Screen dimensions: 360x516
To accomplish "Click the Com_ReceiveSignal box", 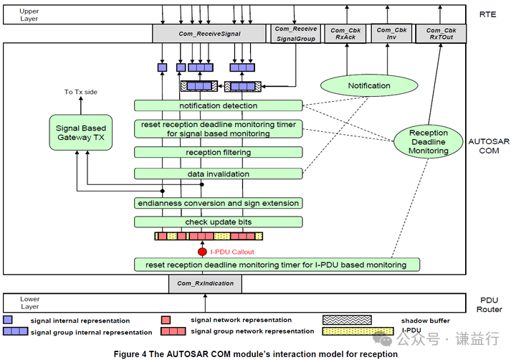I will click(210, 33).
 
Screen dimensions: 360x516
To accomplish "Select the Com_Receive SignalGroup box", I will click(295, 33).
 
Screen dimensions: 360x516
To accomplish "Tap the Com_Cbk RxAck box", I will click(345, 33).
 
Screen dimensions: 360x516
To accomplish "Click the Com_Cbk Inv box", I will click(391, 33).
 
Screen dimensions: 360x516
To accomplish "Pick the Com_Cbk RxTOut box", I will click(441, 33).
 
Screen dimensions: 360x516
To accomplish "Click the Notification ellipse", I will click(369, 86).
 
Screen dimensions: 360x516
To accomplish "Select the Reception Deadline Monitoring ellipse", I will click(428, 141).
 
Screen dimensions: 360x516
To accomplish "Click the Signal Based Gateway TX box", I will click(80, 133).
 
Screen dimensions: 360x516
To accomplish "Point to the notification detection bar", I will click(219, 106).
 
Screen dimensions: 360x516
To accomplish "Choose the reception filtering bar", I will click(219, 153).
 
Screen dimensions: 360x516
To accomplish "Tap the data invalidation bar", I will click(219, 174).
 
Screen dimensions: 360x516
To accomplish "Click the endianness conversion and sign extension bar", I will click(219, 203).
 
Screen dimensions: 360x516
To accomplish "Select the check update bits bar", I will click(219, 222).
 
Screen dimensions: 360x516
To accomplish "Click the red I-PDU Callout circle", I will click(202, 252).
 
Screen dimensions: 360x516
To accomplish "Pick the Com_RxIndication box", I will click(206, 283).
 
